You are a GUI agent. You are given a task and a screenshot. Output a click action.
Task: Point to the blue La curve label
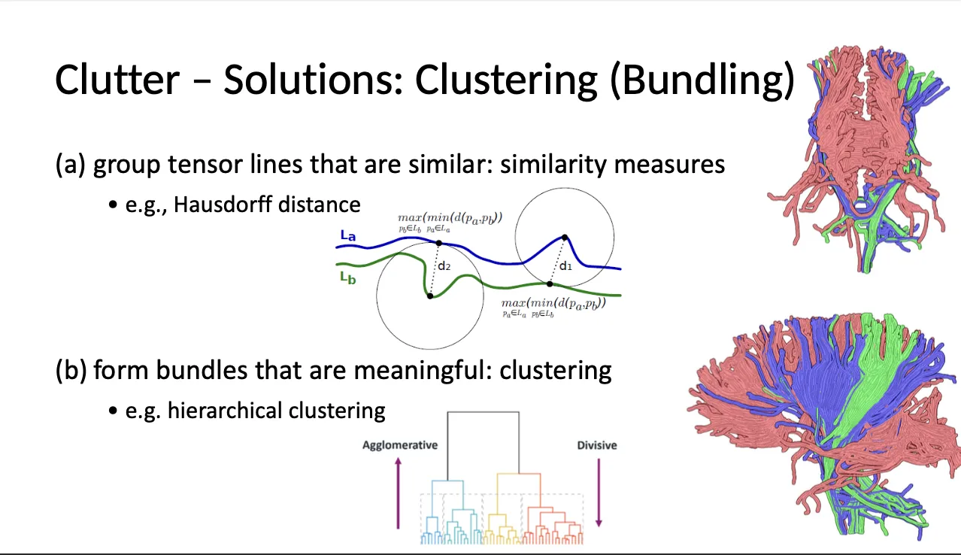[x=347, y=236]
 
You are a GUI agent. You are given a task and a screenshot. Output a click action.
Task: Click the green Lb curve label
[x=347, y=277]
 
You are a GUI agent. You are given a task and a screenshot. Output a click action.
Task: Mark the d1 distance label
[x=565, y=265]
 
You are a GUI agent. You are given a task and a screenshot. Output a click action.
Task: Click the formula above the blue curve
[x=450, y=220]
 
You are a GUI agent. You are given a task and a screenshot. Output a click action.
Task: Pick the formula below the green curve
[x=553, y=308]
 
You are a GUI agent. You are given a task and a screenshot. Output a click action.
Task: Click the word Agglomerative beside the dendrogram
[x=399, y=444]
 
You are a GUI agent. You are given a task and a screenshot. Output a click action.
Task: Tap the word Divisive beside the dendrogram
[x=596, y=445]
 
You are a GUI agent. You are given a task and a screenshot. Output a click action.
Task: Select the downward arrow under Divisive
[x=599, y=493]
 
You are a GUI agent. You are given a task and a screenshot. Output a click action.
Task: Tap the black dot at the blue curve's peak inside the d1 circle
[x=564, y=238]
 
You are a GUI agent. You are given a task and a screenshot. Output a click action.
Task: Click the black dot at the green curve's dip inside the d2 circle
[x=429, y=296]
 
